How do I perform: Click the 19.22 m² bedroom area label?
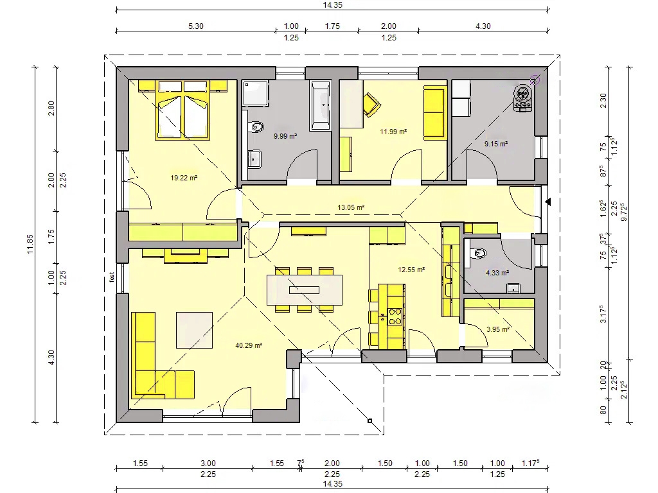[184, 178]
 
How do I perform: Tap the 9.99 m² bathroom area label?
[285, 136]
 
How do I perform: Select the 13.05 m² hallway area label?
[351, 207]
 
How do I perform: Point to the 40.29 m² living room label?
[249, 345]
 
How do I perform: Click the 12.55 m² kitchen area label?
[411, 270]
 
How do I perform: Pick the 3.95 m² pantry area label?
[498, 329]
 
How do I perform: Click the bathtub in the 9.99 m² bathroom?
[321, 105]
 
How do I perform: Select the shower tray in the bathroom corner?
[256, 93]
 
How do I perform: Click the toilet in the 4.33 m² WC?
[478, 253]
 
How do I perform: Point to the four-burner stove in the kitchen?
[395, 316]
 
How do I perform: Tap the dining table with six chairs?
[304, 290]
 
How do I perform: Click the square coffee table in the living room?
[194, 330]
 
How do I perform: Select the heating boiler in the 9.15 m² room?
[523, 98]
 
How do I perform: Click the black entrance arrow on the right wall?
[547, 202]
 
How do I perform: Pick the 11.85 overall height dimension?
[30, 244]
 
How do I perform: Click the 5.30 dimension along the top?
[195, 26]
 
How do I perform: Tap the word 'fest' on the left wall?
[112, 277]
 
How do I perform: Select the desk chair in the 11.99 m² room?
[372, 104]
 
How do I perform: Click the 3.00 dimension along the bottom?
[208, 463]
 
